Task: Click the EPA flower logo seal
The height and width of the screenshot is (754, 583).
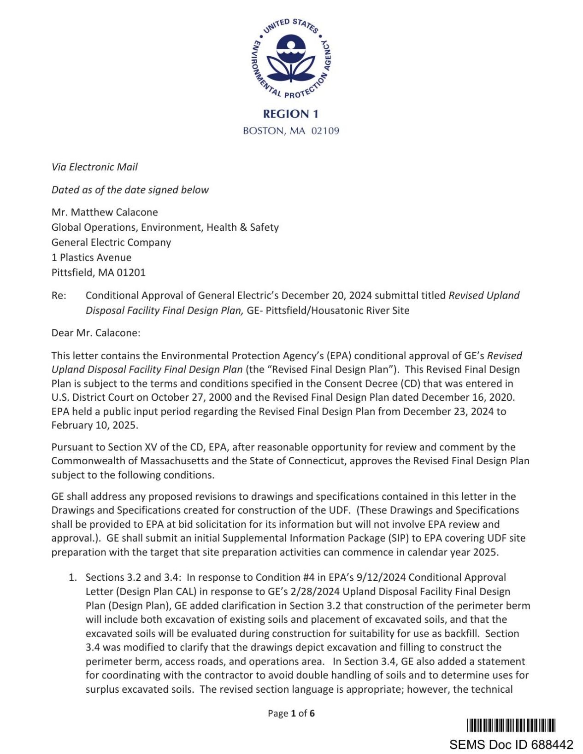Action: pyautogui.click(x=291, y=58)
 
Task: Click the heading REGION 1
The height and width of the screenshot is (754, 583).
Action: pyautogui.click(x=291, y=114)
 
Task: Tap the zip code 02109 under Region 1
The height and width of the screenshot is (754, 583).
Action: pyautogui.click(x=325, y=131)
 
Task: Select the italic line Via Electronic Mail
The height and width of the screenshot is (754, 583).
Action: pyautogui.click(x=94, y=167)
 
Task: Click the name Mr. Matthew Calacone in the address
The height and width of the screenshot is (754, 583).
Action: pyautogui.click(x=105, y=212)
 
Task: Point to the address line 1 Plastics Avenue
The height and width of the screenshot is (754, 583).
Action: pyautogui.click(x=91, y=257)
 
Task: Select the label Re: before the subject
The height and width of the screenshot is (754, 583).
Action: pyautogui.click(x=59, y=295)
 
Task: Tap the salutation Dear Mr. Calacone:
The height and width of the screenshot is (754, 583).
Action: pyautogui.click(x=96, y=333)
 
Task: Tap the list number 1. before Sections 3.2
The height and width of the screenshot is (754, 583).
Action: pyautogui.click(x=73, y=578)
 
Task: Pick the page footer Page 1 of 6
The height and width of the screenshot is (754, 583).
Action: pyautogui.click(x=291, y=713)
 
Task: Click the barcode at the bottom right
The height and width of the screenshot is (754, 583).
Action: pyautogui.click(x=511, y=725)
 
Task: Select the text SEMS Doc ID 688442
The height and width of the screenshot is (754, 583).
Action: pyautogui.click(x=511, y=744)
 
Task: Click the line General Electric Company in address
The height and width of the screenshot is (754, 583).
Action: pyautogui.click(x=111, y=242)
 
